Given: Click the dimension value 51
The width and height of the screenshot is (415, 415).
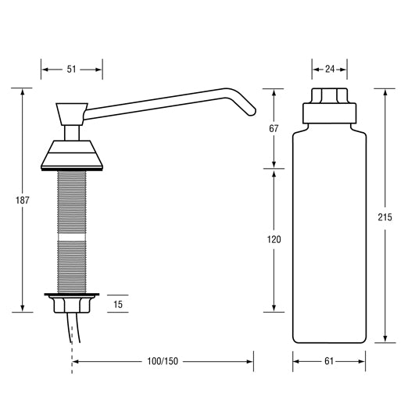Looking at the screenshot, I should [x=72, y=70].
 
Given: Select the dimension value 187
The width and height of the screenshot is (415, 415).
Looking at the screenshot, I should [x=23, y=201].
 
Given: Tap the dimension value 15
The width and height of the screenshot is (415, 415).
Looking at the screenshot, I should [x=117, y=303].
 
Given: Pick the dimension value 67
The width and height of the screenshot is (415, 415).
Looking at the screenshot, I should [x=274, y=128].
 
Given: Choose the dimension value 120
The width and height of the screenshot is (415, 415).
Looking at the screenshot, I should [x=274, y=239].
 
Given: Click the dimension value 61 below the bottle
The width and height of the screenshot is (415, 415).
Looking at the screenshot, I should [x=329, y=362].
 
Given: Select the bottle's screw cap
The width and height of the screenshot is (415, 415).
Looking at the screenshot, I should [x=329, y=104].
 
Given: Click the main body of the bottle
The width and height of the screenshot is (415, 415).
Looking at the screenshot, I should [x=329, y=234].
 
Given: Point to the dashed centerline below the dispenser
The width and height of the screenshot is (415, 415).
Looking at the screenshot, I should [x=73, y=356].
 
